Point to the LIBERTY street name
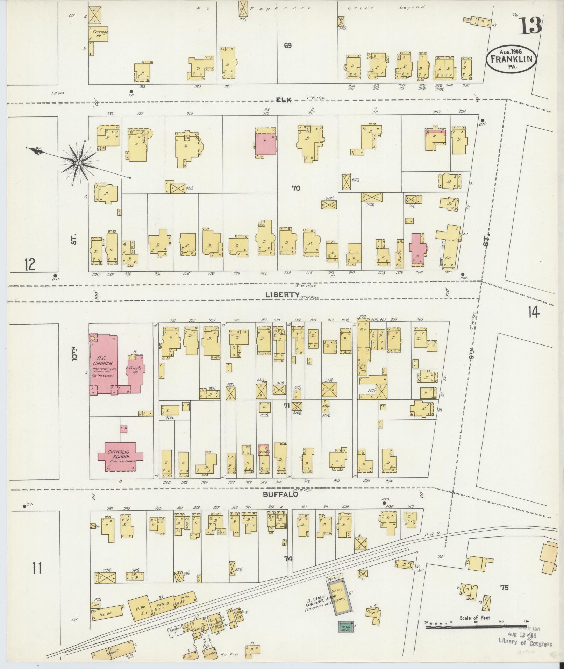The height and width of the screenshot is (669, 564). [282, 294]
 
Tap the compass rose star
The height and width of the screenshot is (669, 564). [79, 163]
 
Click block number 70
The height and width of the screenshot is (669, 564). [296, 188]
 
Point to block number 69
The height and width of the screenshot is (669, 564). [287, 45]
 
